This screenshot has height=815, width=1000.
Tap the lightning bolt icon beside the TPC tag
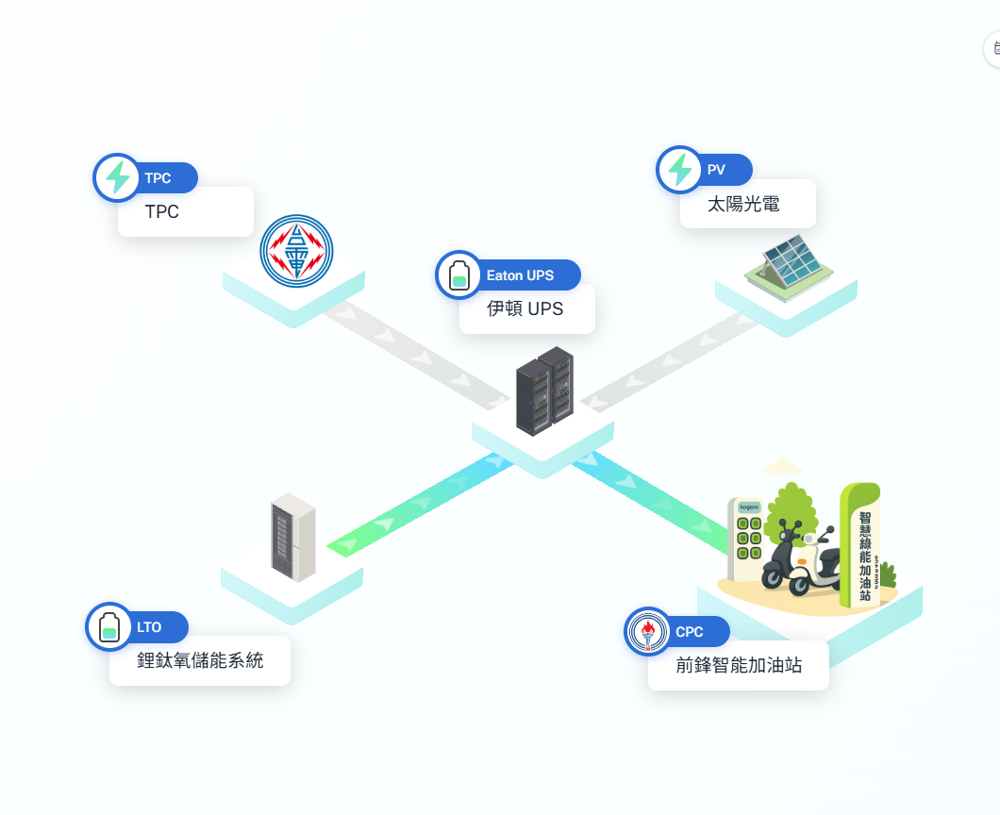117,177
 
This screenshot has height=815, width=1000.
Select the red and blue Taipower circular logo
296,250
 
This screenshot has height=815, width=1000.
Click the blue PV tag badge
723,170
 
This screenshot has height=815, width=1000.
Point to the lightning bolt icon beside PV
679,170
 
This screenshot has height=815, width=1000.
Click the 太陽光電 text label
743,204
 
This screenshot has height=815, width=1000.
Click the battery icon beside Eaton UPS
459,275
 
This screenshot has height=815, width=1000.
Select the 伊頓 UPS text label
525,308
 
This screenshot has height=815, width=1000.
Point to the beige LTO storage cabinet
292,537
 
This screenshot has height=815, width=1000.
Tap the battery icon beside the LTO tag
109,626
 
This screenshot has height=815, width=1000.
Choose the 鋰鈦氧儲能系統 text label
200,660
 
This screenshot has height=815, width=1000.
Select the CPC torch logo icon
648,631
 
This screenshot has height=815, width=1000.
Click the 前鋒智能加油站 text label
739,665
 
